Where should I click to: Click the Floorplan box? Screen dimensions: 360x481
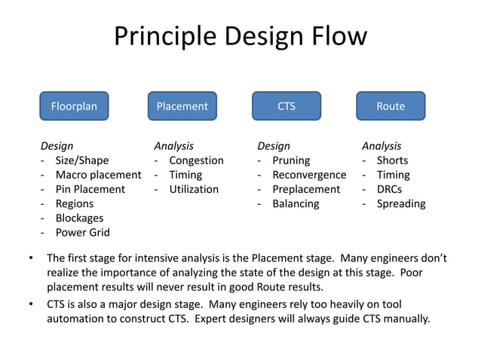pyautogui.click(x=74, y=106)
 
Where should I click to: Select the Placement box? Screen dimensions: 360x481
pyautogui.click(x=182, y=106)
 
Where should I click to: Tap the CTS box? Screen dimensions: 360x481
pyautogui.click(x=286, y=106)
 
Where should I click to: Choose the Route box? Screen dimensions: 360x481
pyautogui.click(x=391, y=106)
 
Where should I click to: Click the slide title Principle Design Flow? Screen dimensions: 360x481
pyautogui.click(x=240, y=36)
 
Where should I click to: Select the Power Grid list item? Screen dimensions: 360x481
pyautogui.click(x=82, y=233)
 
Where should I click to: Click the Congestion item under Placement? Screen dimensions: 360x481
pyautogui.click(x=196, y=160)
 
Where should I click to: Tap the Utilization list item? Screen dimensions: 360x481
pyautogui.click(x=194, y=189)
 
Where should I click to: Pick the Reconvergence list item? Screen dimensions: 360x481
pyautogui.click(x=308, y=175)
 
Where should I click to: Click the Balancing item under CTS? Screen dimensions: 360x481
pyautogui.click(x=296, y=203)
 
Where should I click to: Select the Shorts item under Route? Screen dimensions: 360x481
pyautogui.click(x=393, y=160)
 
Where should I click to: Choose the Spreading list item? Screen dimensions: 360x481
pyautogui.click(x=401, y=203)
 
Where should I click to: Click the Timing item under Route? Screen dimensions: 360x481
pyautogui.click(x=394, y=175)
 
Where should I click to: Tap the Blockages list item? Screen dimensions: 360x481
pyautogui.click(x=79, y=218)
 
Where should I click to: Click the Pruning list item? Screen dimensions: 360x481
pyautogui.click(x=291, y=160)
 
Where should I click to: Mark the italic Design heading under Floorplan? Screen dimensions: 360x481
pyautogui.click(x=57, y=146)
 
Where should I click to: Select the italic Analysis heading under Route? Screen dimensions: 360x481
pyautogui.click(x=381, y=146)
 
